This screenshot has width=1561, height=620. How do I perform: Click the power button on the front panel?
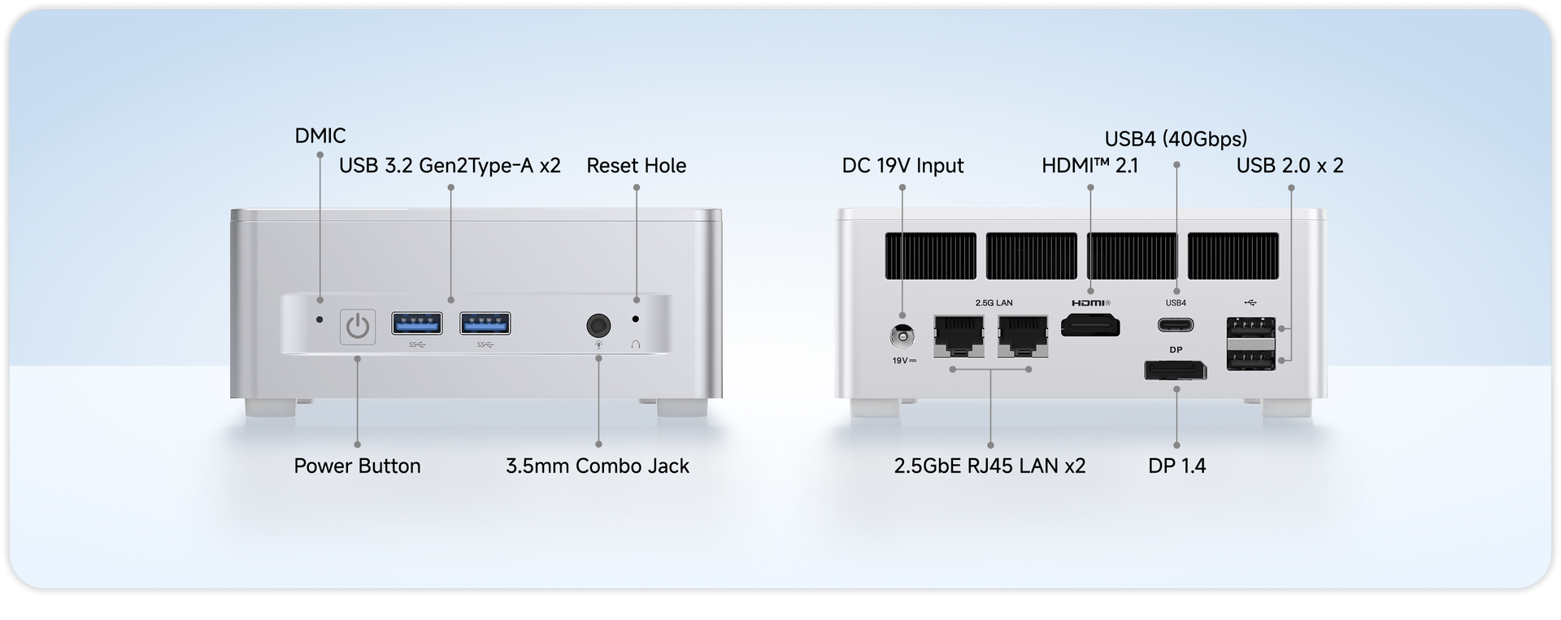(358, 327)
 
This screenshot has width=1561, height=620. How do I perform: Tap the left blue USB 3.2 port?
(417, 323)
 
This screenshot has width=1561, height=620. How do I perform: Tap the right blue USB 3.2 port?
(485, 323)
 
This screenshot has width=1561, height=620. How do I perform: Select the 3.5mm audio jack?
(598, 326)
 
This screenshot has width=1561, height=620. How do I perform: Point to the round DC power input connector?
(902, 336)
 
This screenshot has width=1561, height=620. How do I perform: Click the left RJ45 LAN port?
(959, 336)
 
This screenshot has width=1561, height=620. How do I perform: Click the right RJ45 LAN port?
(1023, 336)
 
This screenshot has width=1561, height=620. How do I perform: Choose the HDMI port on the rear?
(1090, 326)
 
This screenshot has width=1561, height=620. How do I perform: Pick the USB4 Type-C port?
(1176, 325)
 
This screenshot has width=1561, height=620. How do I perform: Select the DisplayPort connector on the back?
(1176, 371)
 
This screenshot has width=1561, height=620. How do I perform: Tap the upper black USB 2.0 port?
(1250, 328)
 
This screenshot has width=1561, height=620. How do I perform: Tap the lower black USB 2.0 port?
(1250, 357)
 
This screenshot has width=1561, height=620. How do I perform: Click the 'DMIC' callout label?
(320, 136)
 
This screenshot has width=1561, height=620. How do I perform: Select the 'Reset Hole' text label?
(637, 166)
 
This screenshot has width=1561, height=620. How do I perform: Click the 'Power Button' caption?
(357, 466)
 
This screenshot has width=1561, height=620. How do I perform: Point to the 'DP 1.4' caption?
(1176, 466)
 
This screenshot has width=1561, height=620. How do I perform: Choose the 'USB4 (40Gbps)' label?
(1176, 139)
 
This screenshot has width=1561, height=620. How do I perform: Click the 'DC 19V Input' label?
(902, 166)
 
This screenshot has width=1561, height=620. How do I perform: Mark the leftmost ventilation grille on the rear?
(931, 256)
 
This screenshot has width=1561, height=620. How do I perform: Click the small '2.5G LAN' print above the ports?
(994, 303)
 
